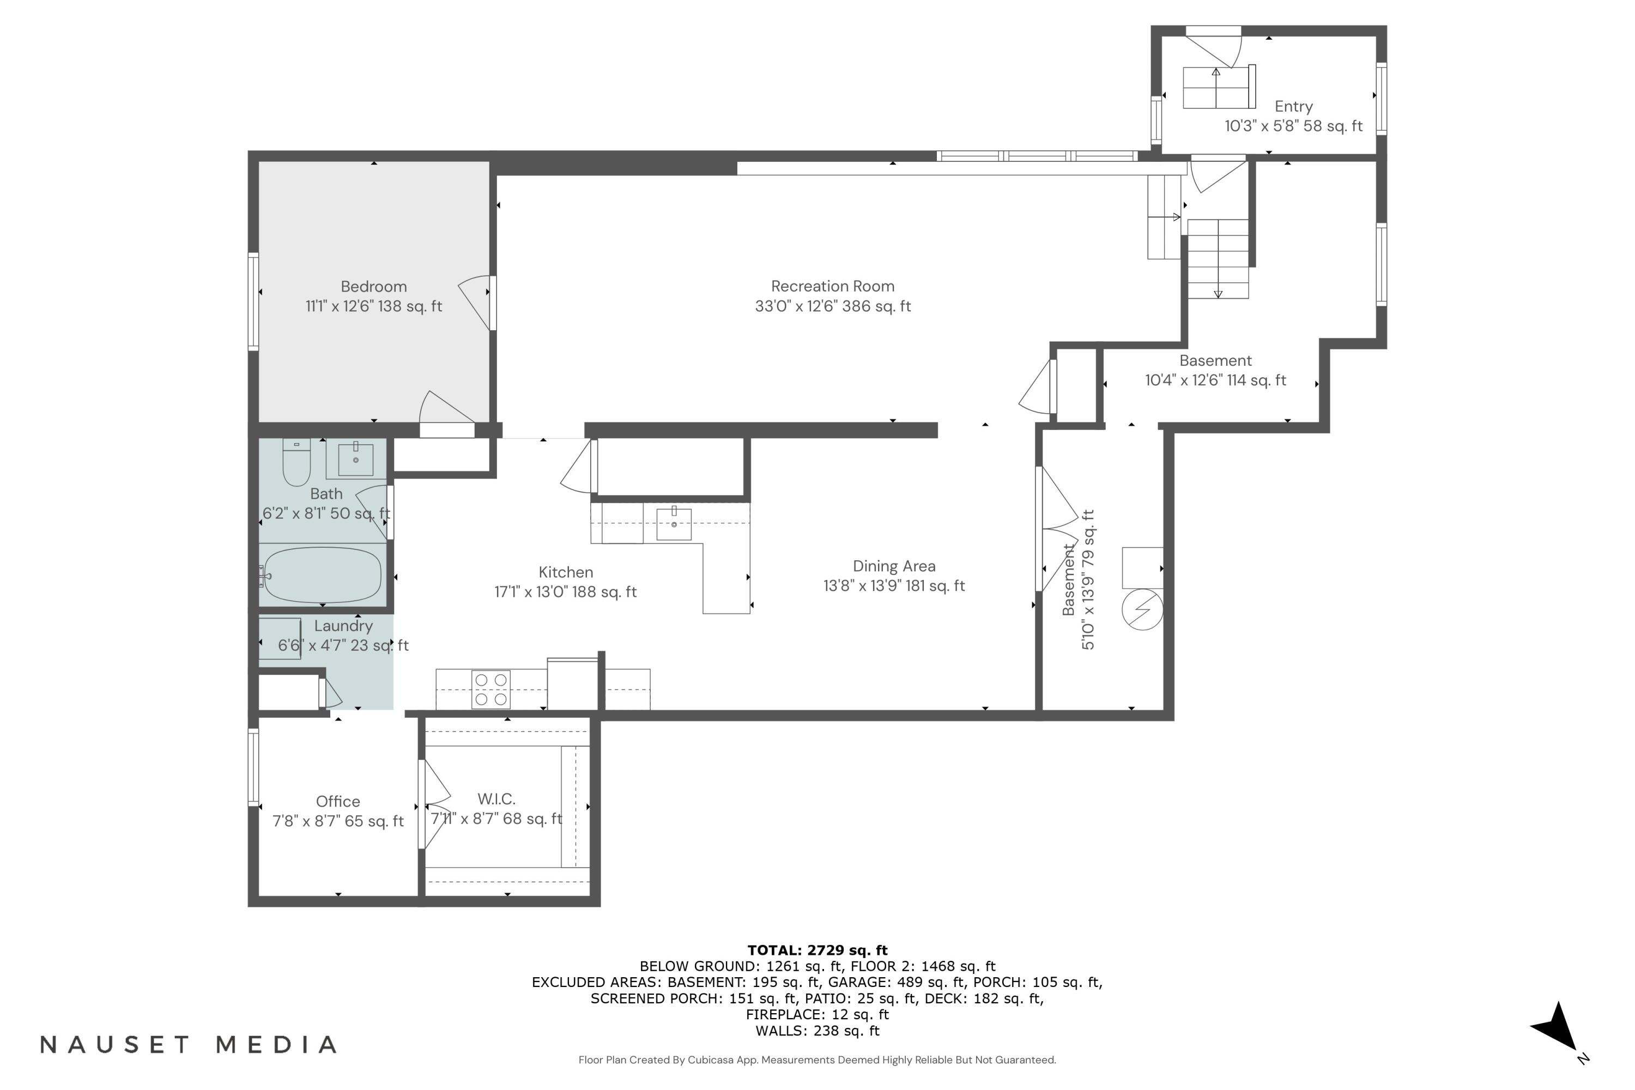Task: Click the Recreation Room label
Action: coord(832,287)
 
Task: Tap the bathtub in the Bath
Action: coord(323,576)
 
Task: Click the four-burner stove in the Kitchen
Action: coord(491,689)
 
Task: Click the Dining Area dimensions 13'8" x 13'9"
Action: coord(893,586)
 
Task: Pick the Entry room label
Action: coord(1293,106)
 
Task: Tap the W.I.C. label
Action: coord(496,799)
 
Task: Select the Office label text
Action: coord(338,802)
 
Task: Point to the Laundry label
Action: coord(343,626)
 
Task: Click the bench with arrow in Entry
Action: coord(1218,88)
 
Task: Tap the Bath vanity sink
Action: coord(355,459)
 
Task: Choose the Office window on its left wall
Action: coord(254,767)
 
